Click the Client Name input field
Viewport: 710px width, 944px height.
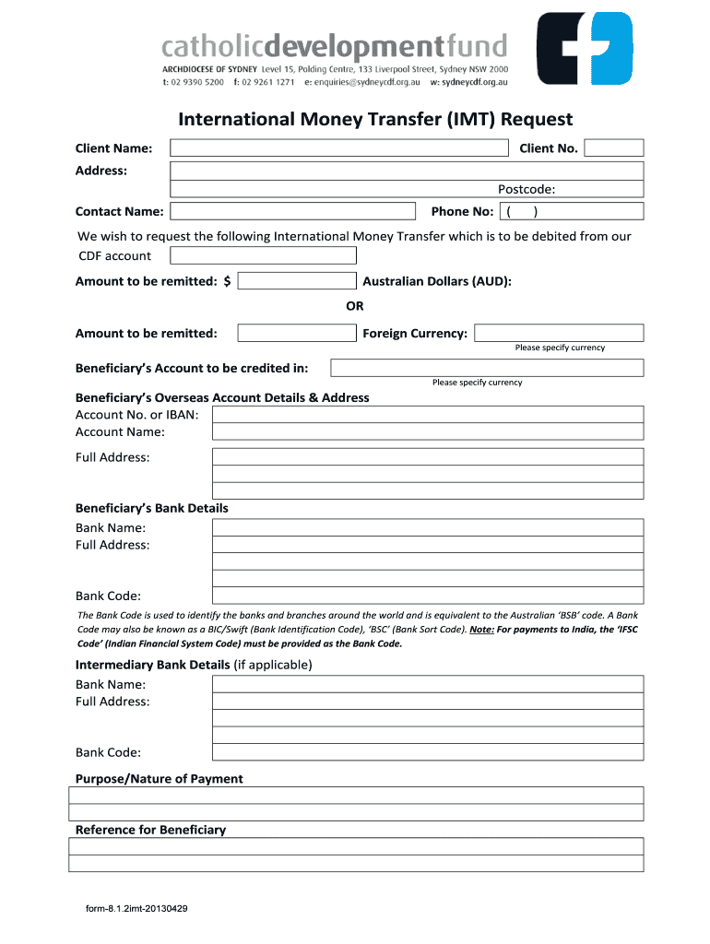point(339,148)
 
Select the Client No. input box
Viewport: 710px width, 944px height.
point(613,148)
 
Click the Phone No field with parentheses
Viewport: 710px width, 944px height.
point(571,211)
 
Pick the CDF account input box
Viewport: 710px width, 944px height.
point(263,255)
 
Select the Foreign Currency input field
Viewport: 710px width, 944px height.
point(559,333)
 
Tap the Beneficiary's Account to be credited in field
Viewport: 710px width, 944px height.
point(487,368)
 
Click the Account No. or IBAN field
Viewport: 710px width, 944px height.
point(428,415)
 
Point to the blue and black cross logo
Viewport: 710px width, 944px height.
point(586,48)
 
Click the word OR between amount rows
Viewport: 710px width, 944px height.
point(355,307)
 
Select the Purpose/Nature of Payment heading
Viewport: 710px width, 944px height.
point(159,779)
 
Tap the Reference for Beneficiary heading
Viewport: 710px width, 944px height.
point(150,830)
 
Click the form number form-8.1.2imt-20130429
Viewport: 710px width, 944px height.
point(137,909)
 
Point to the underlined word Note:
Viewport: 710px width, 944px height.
point(480,630)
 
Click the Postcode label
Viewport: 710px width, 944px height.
point(527,190)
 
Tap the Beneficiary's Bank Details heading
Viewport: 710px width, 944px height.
point(151,508)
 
